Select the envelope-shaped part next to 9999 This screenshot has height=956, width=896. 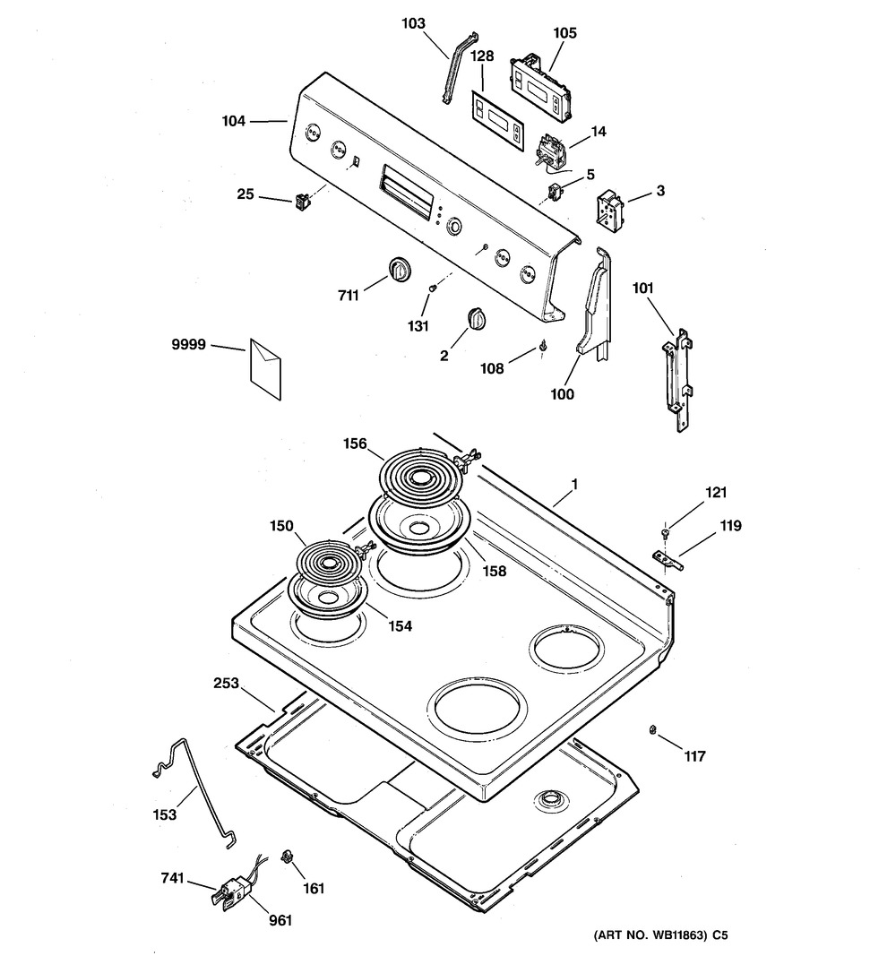click(266, 367)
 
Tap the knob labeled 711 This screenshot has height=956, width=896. click(398, 269)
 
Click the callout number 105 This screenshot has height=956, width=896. click(564, 33)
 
